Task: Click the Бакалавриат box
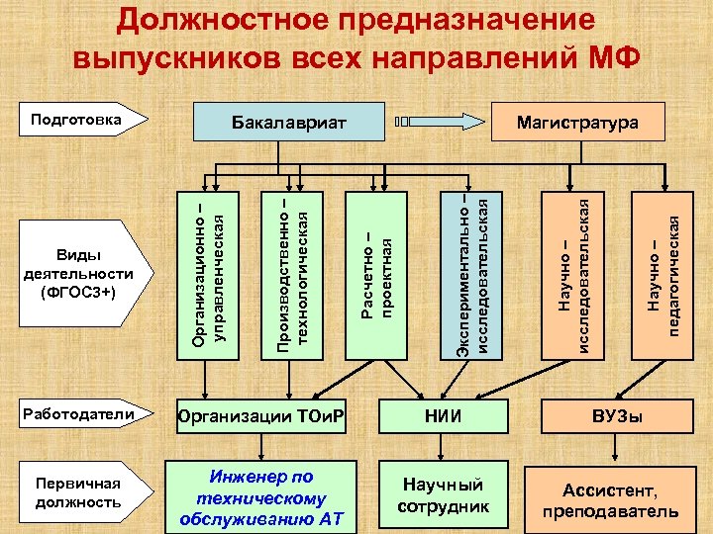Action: coord(288,123)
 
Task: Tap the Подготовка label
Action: coord(76,121)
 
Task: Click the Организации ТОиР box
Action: coord(260,415)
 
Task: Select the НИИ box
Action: coord(441,415)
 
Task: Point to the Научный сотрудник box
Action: coord(441,494)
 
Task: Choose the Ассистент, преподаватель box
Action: coord(609,500)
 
